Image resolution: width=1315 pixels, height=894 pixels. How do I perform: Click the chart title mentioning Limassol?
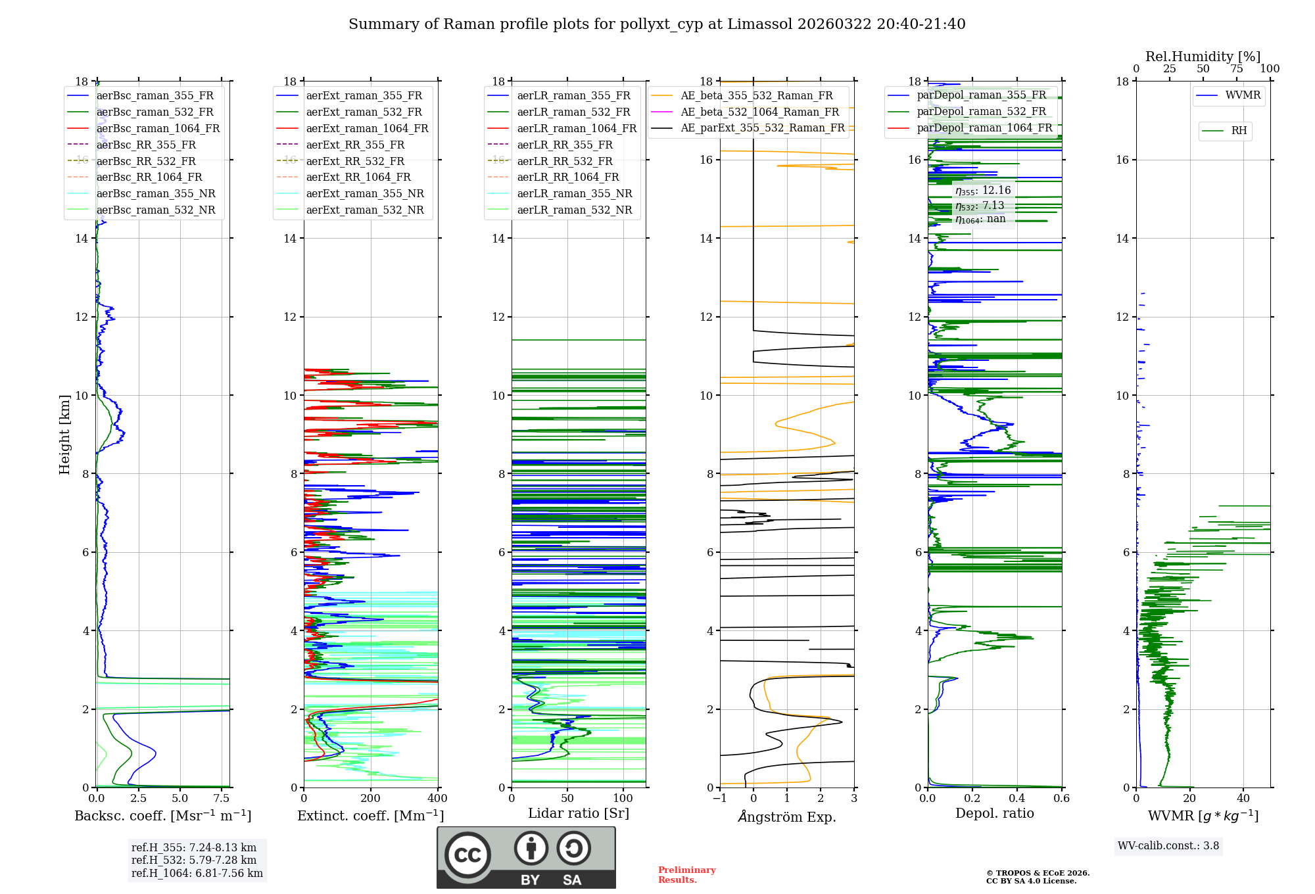click(657, 24)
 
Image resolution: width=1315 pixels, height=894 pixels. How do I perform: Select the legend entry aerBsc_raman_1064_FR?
click(158, 128)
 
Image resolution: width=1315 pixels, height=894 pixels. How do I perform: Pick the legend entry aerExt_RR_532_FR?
click(355, 161)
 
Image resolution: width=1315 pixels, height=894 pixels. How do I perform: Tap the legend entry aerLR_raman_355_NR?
click(574, 193)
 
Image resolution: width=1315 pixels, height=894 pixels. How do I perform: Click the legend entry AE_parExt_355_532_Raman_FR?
click(762, 128)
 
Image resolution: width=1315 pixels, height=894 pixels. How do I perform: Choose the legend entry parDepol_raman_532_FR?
click(981, 111)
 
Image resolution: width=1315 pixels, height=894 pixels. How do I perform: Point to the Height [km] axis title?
click(64, 434)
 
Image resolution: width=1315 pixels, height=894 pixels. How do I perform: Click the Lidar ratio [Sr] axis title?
click(579, 813)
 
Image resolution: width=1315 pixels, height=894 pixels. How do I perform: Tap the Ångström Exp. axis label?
click(787, 816)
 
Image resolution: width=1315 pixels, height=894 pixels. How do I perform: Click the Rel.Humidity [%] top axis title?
click(1203, 57)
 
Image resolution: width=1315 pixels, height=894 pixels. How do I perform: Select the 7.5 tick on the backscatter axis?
click(222, 798)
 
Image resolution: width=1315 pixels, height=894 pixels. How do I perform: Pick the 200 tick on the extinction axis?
click(371, 798)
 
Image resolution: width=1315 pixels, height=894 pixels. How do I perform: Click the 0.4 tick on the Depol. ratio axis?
click(1017, 798)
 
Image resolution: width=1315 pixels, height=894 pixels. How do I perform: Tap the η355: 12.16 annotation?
click(983, 191)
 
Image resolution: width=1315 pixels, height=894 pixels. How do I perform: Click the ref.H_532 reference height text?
click(194, 860)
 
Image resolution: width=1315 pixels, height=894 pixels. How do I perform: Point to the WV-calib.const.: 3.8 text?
click(1168, 845)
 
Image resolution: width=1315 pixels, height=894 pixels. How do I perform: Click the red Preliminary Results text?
click(686, 874)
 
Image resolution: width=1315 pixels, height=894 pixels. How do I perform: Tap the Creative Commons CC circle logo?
click(467, 855)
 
